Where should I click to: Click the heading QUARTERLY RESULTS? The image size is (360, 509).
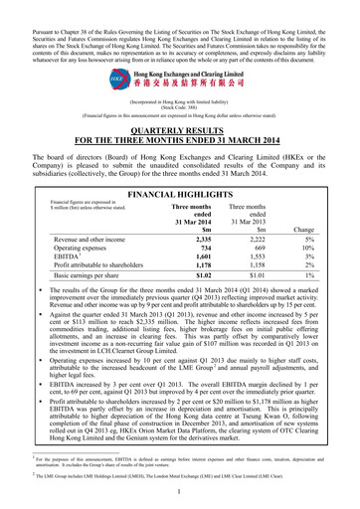pos(180,131)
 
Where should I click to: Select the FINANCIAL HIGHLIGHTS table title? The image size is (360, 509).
pos(180,170)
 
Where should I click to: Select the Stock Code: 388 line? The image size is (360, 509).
pos(180,105)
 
